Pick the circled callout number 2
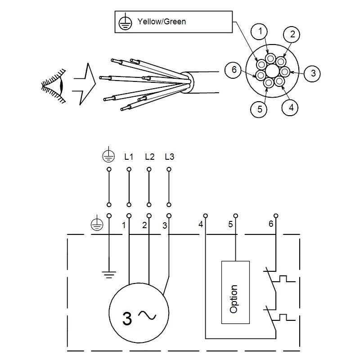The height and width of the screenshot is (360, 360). [292, 34]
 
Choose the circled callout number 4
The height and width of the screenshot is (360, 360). [290, 107]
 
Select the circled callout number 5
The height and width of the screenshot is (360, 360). [259, 109]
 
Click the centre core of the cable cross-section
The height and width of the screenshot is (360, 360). [272, 71]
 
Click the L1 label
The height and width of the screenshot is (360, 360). [129, 157]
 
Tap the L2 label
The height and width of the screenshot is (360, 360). [149, 157]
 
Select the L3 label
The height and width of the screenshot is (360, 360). [169, 157]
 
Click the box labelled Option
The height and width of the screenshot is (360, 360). [234, 292]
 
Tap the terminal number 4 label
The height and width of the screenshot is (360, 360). [200, 224]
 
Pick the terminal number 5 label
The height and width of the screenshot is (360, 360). [230, 224]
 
